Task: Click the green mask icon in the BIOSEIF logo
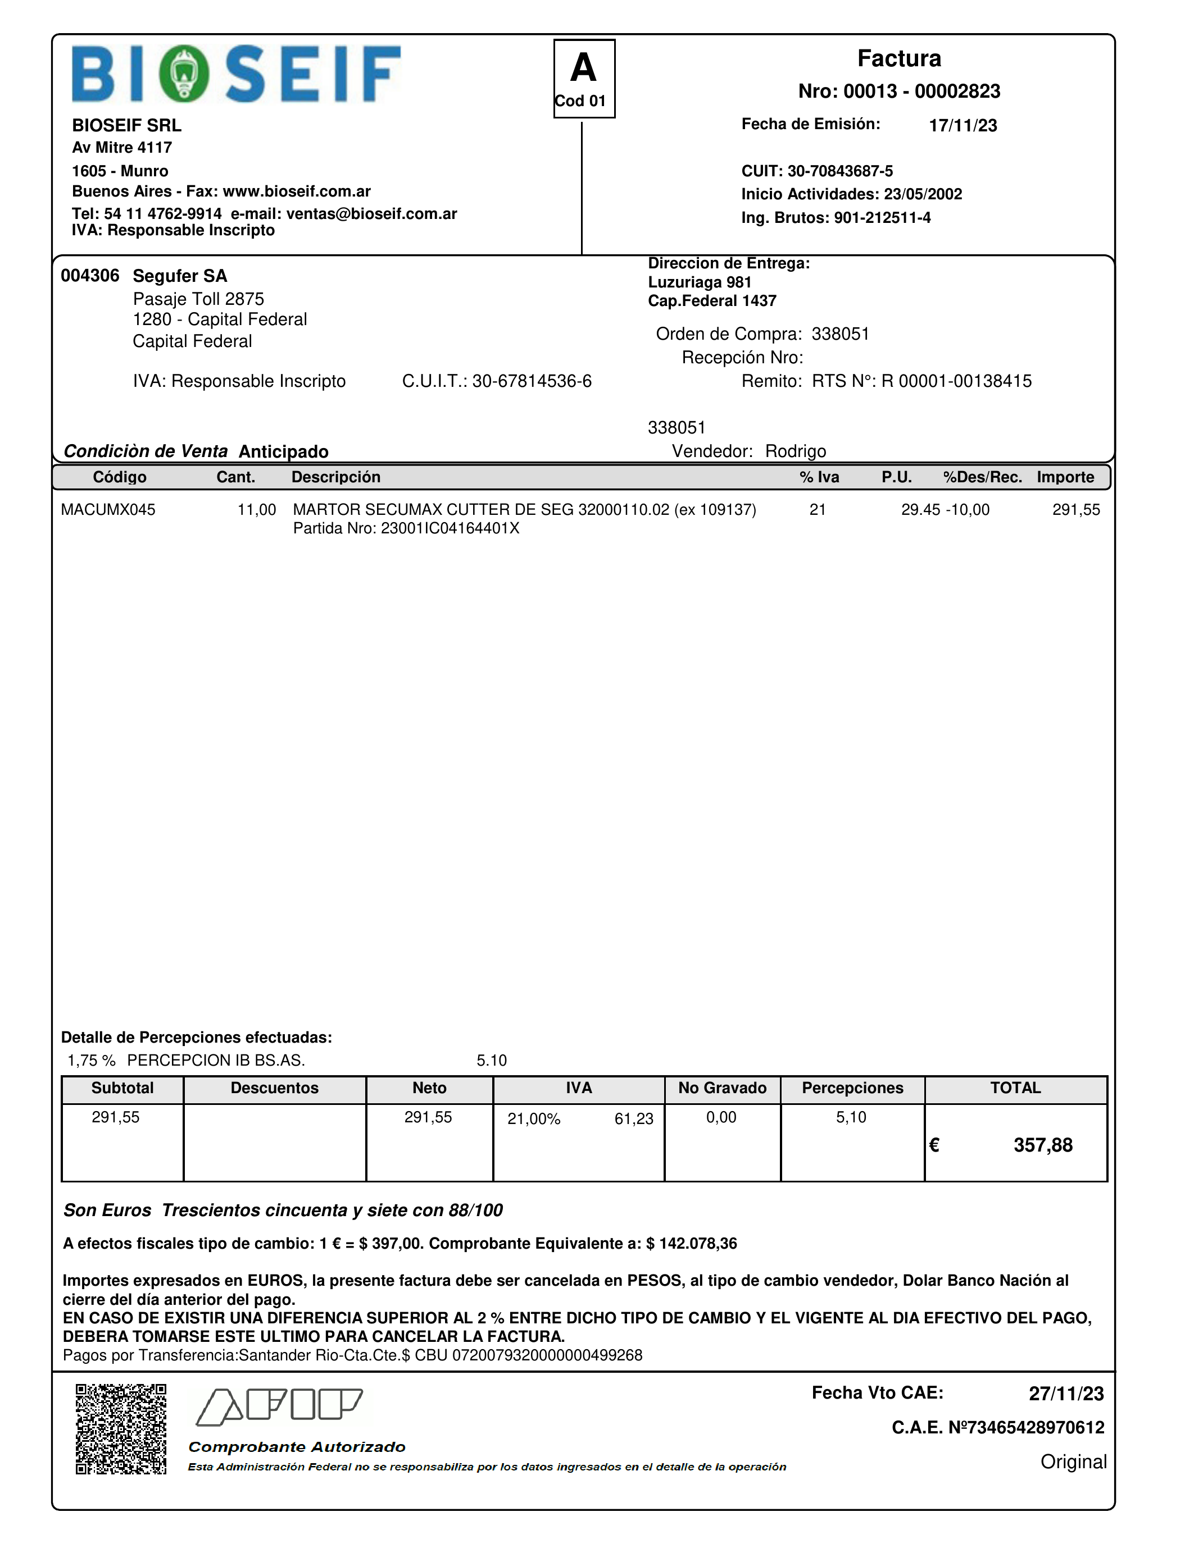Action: [x=184, y=74]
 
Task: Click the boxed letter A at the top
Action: [x=584, y=68]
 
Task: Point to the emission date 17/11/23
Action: [x=963, y=125]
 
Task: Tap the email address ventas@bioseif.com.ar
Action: [x=371, y=213]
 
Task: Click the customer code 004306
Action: [x=90, y=276]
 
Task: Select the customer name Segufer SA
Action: [x=180, y=276]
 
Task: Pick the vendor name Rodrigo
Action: [x=795, y=451]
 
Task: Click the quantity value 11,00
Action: [x=257, y=510]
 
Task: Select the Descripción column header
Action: [x=336, y=477]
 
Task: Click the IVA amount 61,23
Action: [x=634, y=1119]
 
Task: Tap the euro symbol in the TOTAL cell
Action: [x=934, y=1145]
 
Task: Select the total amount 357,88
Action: [x=1043, y=1145]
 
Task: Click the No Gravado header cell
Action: [x=722, y=1088]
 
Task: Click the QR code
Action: [x=121, y=1429]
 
